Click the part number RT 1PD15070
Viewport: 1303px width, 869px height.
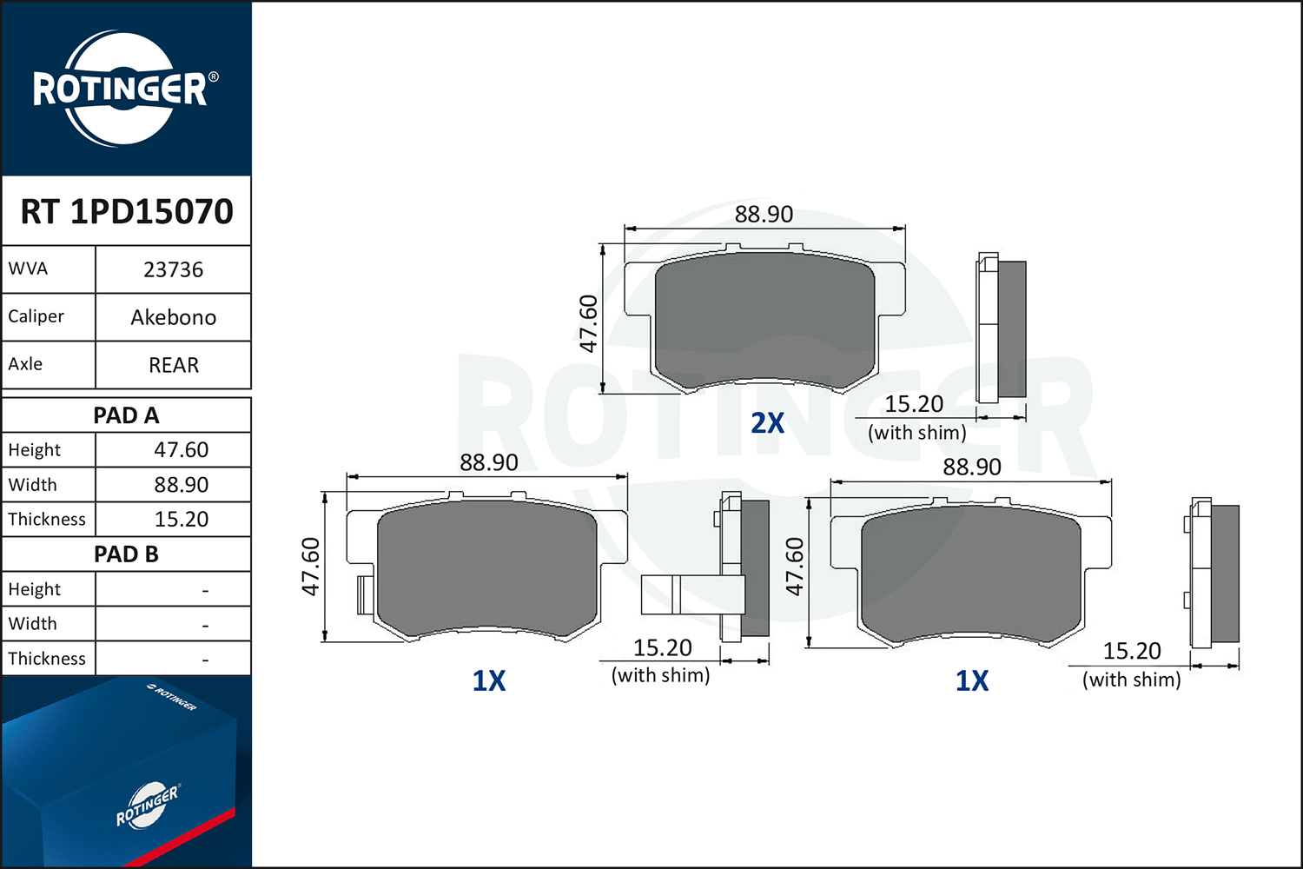tap(127, 211)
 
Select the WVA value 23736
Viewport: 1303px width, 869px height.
tap(174, 270)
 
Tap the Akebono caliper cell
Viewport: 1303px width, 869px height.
tap(174, 318)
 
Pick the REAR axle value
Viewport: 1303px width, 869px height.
tap(174, 365)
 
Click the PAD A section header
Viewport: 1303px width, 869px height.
tap(126, 415)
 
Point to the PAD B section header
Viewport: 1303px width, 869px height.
tap(126, 554)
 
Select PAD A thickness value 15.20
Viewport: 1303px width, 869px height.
tap(181, 519)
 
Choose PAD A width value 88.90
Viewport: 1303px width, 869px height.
tap(181, 485)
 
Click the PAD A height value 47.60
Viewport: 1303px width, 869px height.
tap(181, 450)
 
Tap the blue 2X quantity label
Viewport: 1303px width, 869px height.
tap(767, 423)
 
